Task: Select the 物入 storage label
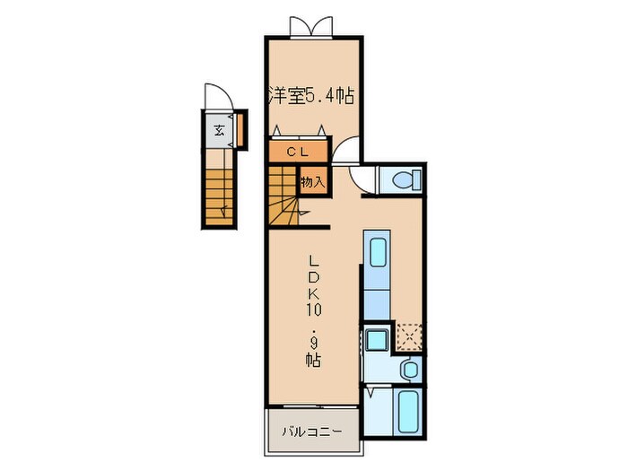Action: point(312,180)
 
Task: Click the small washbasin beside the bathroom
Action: point(409,369)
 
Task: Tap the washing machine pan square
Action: point(375,340)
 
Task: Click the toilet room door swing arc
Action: point(362,183)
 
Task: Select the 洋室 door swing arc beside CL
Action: point(348,148)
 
